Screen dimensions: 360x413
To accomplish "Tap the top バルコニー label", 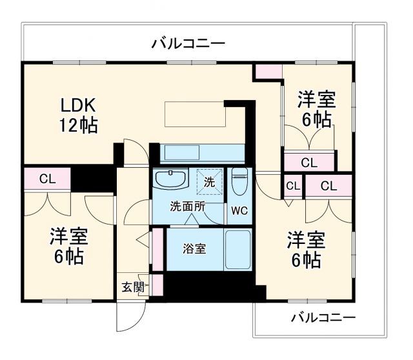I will click(x=188, y=44).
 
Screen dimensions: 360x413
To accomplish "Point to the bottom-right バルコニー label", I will click(x=323, y=318).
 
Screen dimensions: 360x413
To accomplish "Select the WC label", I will click(x=240, y=210).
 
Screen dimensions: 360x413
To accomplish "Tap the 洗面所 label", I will click(x=188, y=207).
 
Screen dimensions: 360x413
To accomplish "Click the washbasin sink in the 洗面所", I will click(x=171, y=179).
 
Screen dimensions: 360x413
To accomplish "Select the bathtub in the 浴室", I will click(x=236, y=248).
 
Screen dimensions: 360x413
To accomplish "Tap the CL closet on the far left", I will click(x=46, y=179).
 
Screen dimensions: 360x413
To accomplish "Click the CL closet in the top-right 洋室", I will click(x=309, y=163).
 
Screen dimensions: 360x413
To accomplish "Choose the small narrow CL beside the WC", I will click(x=292, y=186).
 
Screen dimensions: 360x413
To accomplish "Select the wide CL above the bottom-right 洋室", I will click(x=328, y=186).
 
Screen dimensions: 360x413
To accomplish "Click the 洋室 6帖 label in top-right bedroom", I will click(x=316, y=110).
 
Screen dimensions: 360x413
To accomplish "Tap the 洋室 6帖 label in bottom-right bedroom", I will click(x=306, y=250).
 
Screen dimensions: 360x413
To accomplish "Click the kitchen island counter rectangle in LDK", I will click(x=194, y=115).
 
